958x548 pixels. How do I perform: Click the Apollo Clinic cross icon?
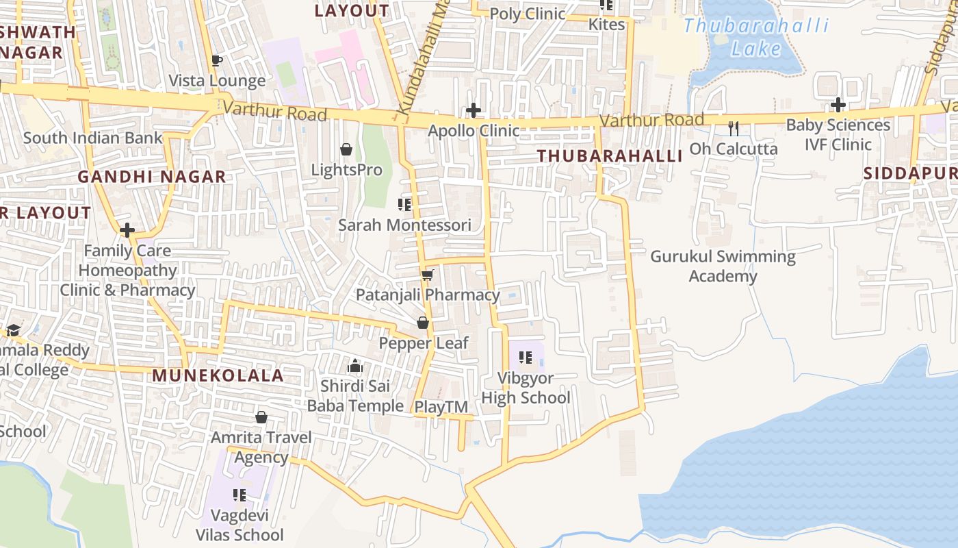pyautogui.click(x=473, y=110)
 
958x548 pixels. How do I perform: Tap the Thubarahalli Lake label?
pyautogui.click(x=756, y=38)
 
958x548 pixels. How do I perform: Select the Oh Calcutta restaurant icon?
pyautogui.click(x=734, y=128)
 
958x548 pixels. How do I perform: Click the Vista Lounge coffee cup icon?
pyautogui.click(x=217, y=60)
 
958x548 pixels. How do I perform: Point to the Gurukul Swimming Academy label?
pyautogui.click(x=723, y=266)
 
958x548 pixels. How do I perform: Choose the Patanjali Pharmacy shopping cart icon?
pyautogui.click(x=428, y=275)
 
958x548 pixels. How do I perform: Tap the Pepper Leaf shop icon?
pyautogui.click(x=423, y=323)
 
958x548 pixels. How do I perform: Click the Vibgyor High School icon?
pyautogui.click(x=526, y=357)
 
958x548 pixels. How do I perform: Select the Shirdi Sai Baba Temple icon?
pyautogui.click(x=354, y=366)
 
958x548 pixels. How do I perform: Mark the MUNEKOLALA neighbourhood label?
pyautogui.click(x=218, y=375)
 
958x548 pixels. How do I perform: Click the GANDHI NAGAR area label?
pyautogui.click(x=151, y=177)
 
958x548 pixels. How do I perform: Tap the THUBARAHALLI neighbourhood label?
pyautogui.click(x=610, y=156)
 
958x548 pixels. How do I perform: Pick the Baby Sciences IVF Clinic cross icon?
pyautogui.click(x=838, y=105)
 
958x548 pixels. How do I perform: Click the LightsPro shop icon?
pyautogui.click(x=346, y=149)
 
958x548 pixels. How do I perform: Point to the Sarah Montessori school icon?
pyautogui.click(x=404, y=204)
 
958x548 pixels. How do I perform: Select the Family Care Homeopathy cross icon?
pyautogui.click(x=127, y=230)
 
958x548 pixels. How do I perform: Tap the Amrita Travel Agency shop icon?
pyautogui.click(x=261, y=417)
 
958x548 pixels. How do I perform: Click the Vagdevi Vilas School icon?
pyautogui.click(x=239, y=495)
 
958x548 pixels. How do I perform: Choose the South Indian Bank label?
pyautogui.click(x=93, y=138)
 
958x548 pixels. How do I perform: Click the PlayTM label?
pyautogui.click(x=441, y=407)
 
